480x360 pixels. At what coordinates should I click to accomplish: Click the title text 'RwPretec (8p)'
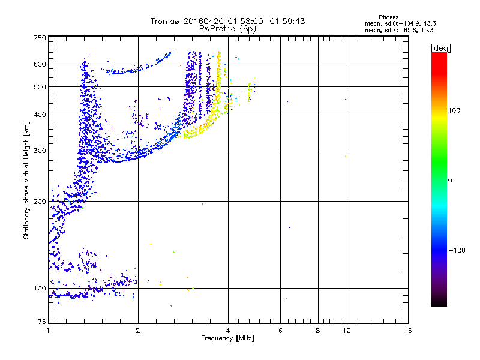228,28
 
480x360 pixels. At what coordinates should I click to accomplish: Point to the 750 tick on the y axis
40,38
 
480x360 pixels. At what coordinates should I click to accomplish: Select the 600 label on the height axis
40,64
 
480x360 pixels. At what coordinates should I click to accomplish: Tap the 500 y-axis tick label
40,87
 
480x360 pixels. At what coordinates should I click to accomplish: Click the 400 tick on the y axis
40,115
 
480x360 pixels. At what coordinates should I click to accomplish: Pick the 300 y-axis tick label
40,151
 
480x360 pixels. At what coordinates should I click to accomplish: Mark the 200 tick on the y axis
40,202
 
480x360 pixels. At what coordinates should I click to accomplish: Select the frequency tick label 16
408,331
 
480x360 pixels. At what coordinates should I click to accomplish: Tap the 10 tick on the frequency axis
346,331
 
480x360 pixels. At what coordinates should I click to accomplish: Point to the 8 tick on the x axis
318,331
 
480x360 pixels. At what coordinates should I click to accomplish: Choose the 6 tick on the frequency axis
281,331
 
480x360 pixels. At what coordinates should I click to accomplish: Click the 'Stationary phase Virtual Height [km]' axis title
26,180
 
